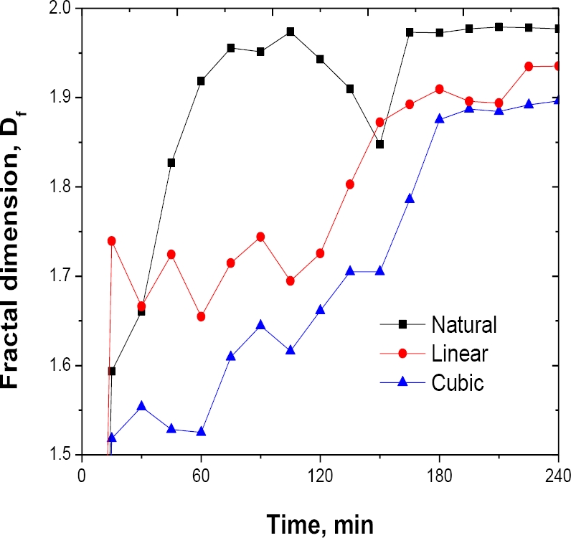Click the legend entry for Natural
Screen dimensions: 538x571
(x=464, y=324)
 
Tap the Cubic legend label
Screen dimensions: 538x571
(x=458, y=382)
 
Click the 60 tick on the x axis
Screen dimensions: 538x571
(x=201, y=475)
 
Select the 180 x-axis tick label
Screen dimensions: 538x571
(x=440, y=475)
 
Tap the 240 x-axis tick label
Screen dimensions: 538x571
(x=558, y=475)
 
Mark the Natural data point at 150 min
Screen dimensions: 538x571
(x=380, y=144)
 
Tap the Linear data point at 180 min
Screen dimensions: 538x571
(x=440, y=89)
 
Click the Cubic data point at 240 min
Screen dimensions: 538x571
(x=558, y=100)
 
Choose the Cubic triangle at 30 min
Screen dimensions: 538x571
(x=141, y=405)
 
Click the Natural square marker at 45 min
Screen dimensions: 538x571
(x=171, y=163)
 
